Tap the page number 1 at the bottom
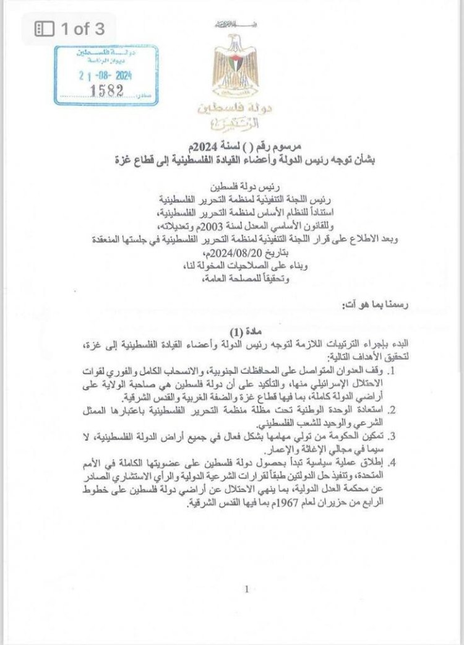246,589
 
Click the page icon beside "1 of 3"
43,28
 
